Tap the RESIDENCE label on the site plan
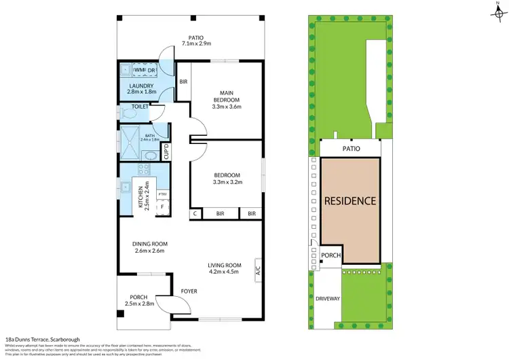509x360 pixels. pyautogui.click(x=350, y=201)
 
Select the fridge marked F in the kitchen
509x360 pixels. pyautogui.click(x=162, y=206)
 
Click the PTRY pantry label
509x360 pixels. pyautogui.click(x=162, y=194)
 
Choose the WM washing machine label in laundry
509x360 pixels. pyautogui.click(x=138, y=70)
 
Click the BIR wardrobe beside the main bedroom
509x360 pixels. pyautogui.click(x=183, y=82)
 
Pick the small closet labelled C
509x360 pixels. pyautogui.click(x=195, y=213)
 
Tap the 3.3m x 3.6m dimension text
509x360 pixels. pyautogui.click(x=227, y=107)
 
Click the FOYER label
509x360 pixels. pyautogui.click(x=189, y=291)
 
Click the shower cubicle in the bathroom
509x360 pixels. pyautogui.click(x=127, y=142)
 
